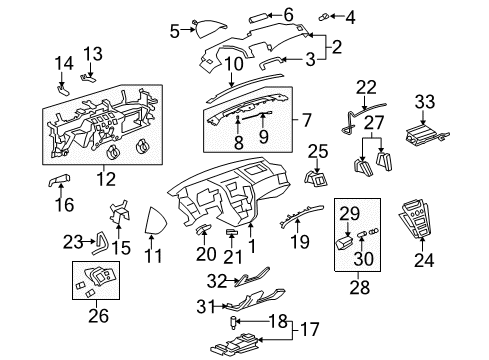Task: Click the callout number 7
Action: coord(307,120)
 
